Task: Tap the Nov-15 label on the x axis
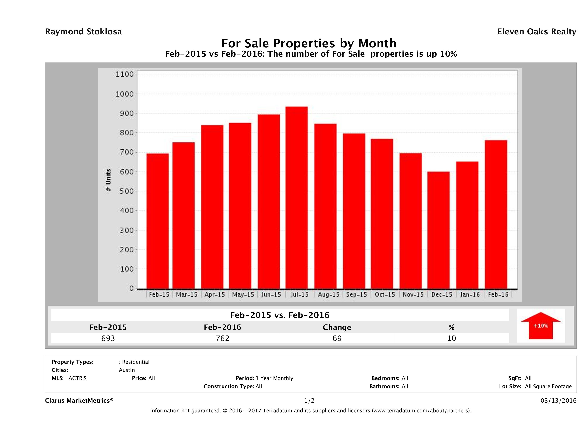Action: [x=413, y=295]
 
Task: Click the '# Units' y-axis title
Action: [x=108, y=180]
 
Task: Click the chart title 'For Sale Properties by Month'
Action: [x=309, y=43]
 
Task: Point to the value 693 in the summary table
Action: [x=108, y=338]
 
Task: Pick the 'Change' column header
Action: [x=337, y=327]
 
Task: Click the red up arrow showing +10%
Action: [x=540, y=326]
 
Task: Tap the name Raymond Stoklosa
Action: [x=83, y=32]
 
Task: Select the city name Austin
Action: [x=127, y=370]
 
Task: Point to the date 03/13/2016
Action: [x=558, y=401]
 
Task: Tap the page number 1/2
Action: [x=309, y=401]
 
